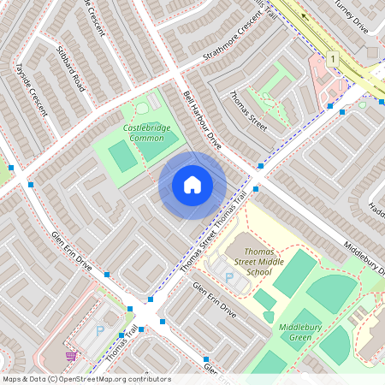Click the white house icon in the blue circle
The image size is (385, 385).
tap(192, 184)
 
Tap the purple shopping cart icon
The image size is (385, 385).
tap(72, 356)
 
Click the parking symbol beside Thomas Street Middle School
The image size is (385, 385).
tap(228, 275)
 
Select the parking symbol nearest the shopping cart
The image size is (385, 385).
tap(99, 329)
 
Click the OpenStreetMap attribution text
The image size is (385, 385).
tap(86, 378)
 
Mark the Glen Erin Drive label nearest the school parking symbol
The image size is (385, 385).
tap(214, 300)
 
